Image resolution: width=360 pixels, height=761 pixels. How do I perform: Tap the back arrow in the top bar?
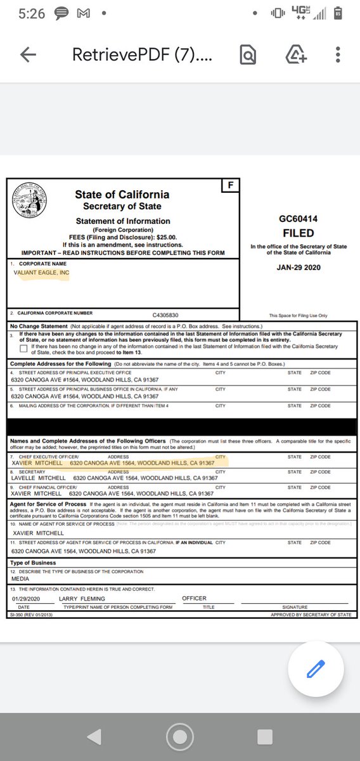[28, 55]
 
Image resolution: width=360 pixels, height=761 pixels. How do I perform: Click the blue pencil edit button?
[315, 670]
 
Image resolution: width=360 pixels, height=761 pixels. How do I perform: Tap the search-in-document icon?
[248, 55]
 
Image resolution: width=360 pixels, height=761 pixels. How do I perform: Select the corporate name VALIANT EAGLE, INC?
[42, 273]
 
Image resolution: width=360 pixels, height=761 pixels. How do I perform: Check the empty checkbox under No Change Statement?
[23, 348]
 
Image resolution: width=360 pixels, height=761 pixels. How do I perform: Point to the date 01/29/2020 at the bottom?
[25, 599]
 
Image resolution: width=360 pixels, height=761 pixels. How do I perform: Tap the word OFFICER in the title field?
[194, 599]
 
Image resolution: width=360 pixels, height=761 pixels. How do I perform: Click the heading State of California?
[122, 195]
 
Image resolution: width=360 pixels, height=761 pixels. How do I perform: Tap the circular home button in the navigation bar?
[179, 736]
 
